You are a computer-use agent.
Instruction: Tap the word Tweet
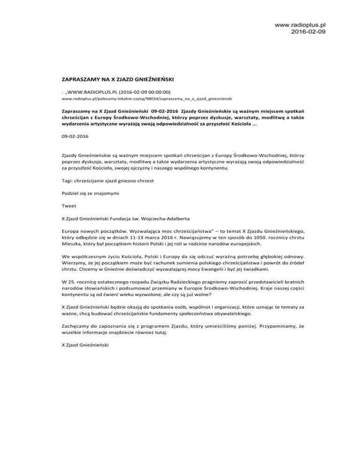69,205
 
